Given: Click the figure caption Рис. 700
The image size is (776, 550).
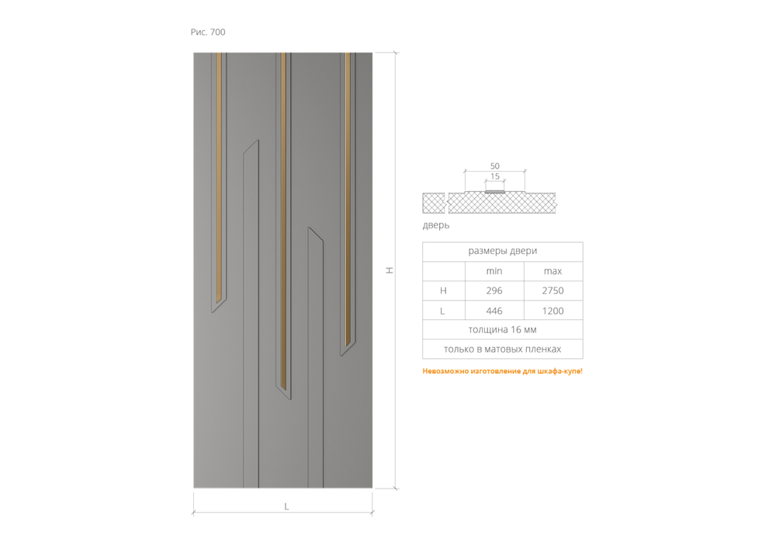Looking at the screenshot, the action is pyautogui.click(x=208, y=32).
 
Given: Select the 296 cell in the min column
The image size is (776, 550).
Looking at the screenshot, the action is pyautogui.click(x=494, y=291).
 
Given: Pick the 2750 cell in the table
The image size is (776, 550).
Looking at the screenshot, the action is pyautogui.click(x=553, y=291).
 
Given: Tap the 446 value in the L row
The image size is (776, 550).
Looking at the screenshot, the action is pyautogui.click(x=494, y=311).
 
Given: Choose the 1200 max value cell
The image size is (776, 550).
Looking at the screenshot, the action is pyautogui.click(x=553, y=311).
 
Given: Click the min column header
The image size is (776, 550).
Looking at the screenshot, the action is pyautogui.click(x=494, y=271).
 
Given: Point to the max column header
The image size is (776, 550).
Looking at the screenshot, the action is pyautogui.click(x=553, y=271).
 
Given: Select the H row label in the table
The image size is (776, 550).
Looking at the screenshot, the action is pyautogui.click(x=443, y=291).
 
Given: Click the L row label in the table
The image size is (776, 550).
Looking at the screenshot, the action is pyautogui.click(x=442, y=311).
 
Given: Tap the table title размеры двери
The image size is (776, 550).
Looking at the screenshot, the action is pyautogui.click(x=502, y=251).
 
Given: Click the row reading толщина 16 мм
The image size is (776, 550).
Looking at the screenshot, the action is pyautogui.click(x=502, y=329).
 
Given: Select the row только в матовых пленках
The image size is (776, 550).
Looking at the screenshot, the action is pyautogui.click(x=502, y=349).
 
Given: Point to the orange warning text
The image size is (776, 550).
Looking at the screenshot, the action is pyautogui.click(x=502, y=371).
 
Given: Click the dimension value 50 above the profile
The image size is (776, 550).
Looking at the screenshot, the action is pyautogui.click(x=495, y=166).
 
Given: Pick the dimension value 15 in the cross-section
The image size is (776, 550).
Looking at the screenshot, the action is pyautogui.click(x=495, y=176).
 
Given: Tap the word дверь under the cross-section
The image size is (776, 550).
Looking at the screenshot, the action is pyautogui.click(x=436, y=225).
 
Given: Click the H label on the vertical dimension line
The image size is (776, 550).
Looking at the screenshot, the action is pyautogui.click(x=390, y=270).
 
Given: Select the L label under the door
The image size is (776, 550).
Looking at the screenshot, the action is pyautogui.click(x=286, y=506).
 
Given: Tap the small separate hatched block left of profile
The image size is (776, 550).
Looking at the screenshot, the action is pyautogui.click(x=434, y=204).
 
